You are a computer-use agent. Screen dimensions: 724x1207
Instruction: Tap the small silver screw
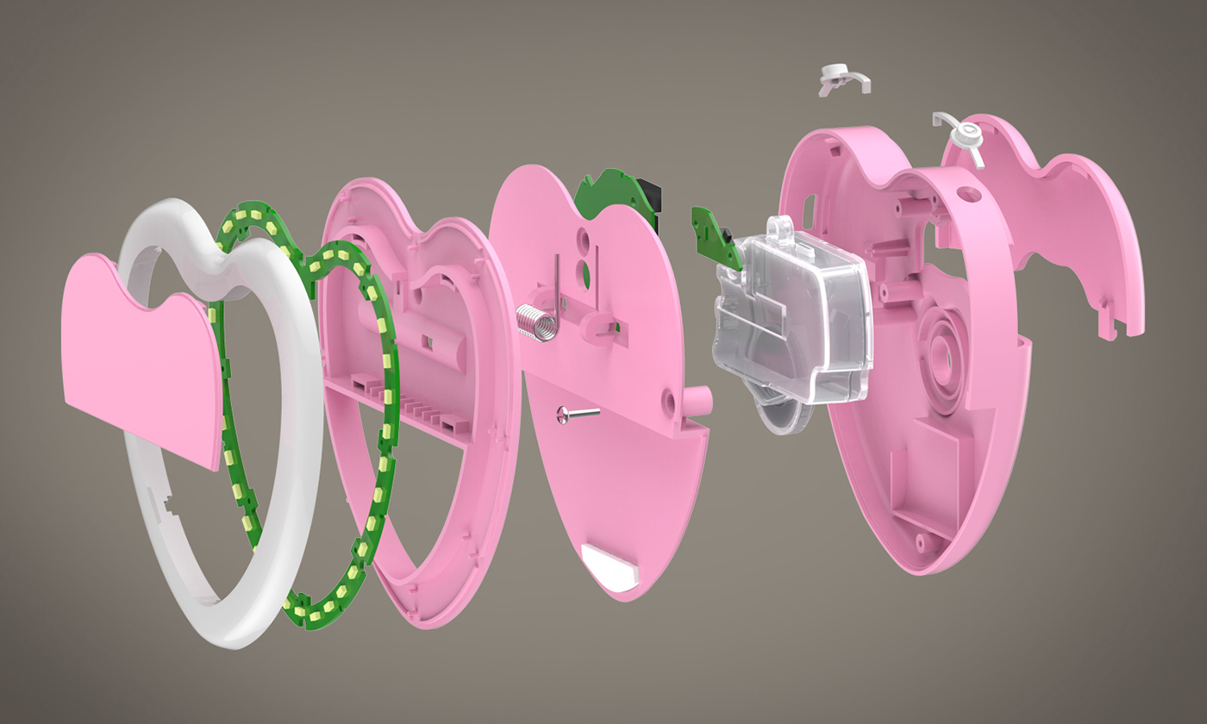[577, 415]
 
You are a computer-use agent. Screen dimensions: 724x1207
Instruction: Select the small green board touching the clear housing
[716, 237]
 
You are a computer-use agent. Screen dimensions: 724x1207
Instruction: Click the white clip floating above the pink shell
[842, 78]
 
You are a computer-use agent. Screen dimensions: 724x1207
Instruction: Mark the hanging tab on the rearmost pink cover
[1110, 319]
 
